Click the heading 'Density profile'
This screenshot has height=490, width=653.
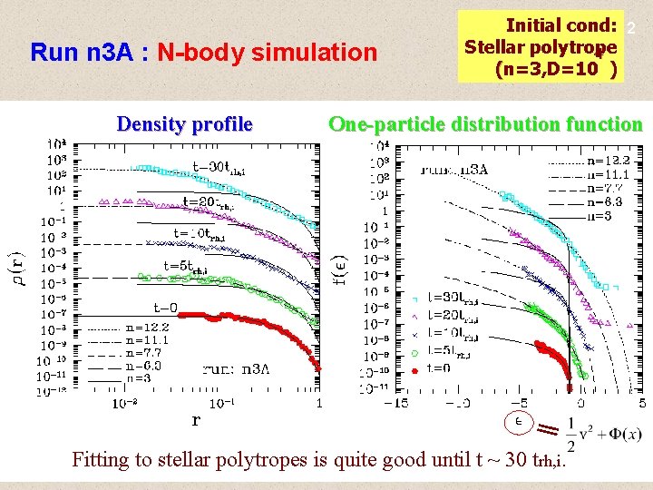tap(184, 124)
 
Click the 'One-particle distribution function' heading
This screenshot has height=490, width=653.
tap(485, 124)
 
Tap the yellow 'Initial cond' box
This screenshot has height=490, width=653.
tap(541, 46)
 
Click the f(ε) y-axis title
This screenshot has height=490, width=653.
tap(337, 268)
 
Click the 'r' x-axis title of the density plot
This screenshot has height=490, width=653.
tap(195, 419)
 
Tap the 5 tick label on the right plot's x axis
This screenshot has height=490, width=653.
tap(642, 403)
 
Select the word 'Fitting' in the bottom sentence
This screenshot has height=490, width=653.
tap(102, 459)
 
